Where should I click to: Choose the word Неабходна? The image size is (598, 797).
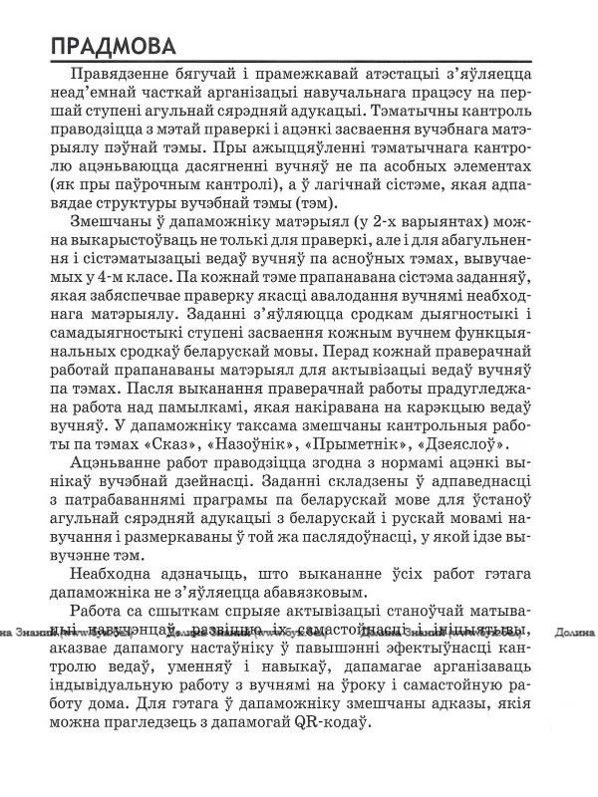[114, 575]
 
